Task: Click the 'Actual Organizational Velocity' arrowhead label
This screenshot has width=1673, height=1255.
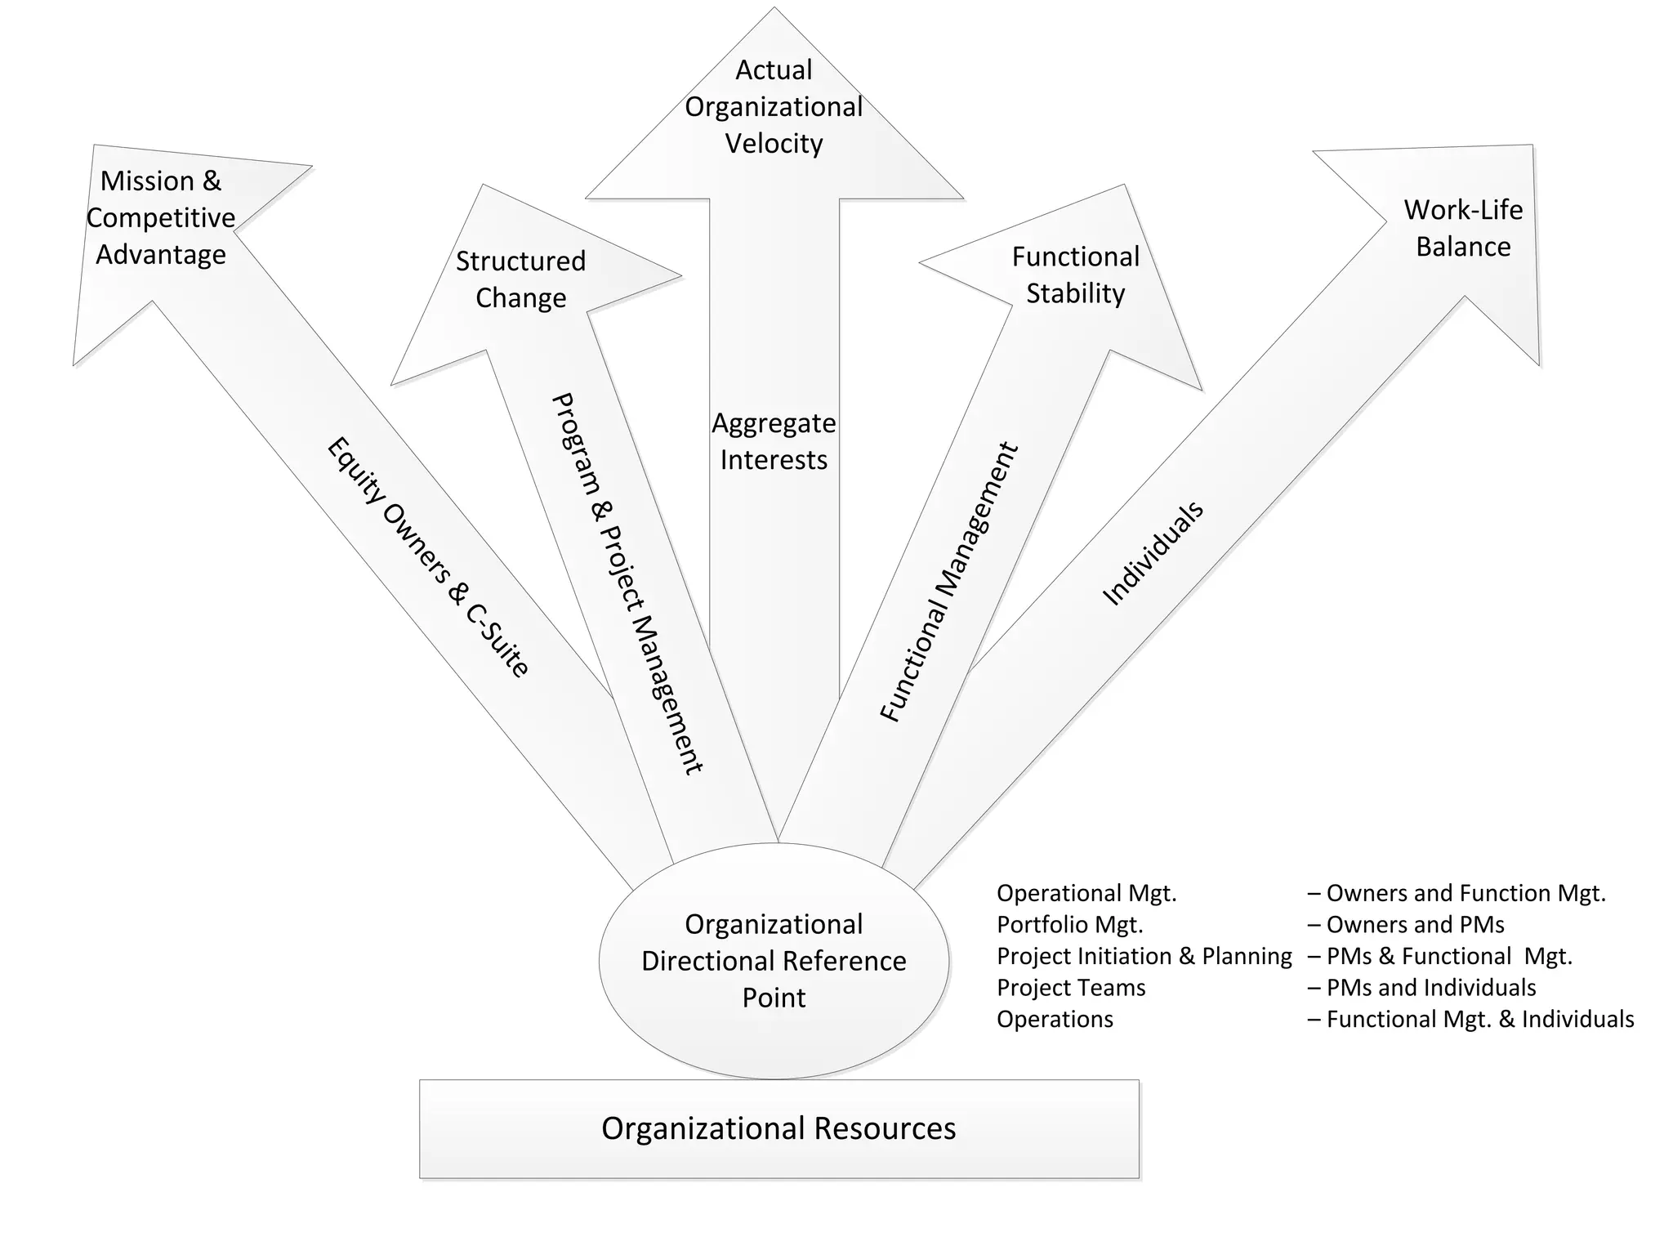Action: click(774, 107)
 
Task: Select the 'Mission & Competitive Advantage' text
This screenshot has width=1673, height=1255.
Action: click(161, 217)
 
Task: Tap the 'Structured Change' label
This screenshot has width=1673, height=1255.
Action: click(520, 279)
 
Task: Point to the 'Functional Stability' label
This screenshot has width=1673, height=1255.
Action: click(1075, 275)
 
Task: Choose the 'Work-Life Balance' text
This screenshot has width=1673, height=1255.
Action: click(1463, 228)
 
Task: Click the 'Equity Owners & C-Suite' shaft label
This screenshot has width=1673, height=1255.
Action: click(428, 557)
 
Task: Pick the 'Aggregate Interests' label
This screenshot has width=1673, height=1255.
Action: click(774, 441)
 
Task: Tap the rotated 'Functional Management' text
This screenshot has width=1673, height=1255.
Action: click(949, 582)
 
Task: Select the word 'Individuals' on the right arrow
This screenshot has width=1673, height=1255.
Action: click(1153, 553)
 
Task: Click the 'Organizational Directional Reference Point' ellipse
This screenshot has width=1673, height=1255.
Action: click(774, 961)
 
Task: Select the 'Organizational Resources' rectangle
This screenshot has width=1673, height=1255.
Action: click(779, 1128)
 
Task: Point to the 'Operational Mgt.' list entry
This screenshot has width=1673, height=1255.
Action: click(1086, 893)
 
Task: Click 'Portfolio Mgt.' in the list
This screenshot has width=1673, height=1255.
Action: click(1070, 925)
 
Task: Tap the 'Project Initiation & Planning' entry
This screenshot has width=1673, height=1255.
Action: click(1144, 956)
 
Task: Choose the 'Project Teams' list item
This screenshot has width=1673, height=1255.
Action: click(1071, 988)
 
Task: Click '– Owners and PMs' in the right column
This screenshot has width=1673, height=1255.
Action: click(1406, 925)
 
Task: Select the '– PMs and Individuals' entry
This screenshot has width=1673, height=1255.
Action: click(1421, 988)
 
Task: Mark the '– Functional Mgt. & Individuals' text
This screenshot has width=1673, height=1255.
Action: click(1470, 1020)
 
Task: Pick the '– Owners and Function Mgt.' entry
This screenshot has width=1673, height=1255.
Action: click(1457, 893)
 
